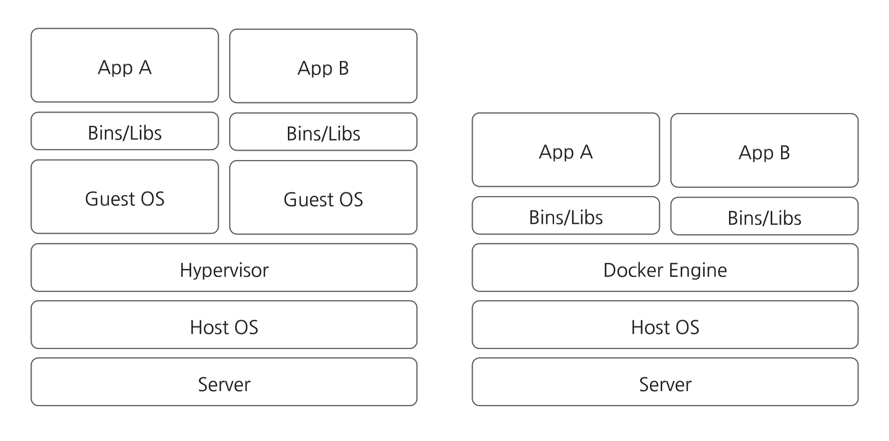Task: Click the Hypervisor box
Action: [x=224, y=268]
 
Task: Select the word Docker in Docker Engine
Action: [x=634, y=270]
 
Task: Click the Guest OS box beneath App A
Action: [x=125, y=197]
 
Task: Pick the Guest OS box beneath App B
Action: [x=323, y=197]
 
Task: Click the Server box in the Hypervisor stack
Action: [x=224, y=382]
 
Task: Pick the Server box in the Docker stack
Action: [x=665, y=382]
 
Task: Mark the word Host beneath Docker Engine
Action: [x=648, y=327]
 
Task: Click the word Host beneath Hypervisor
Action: [x=207, y=327]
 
